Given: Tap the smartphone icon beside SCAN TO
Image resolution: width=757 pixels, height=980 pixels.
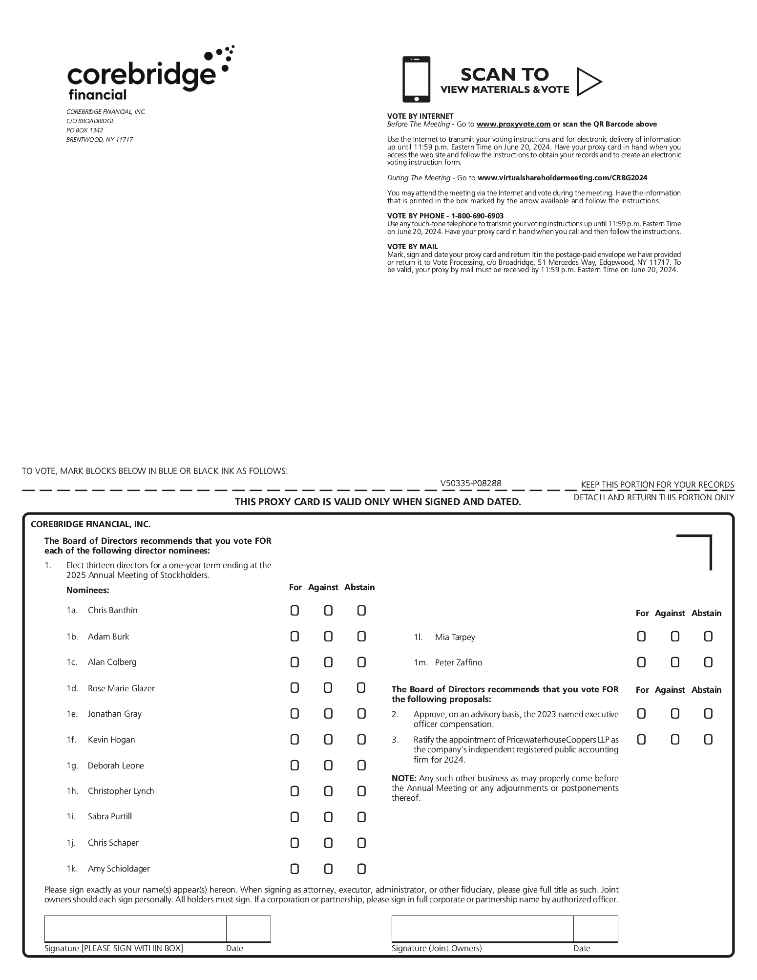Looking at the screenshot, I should pyautogui.click(x=416, y=79).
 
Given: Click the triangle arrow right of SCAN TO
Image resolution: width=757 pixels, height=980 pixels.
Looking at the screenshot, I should pyautogui.click(x=588, y=82).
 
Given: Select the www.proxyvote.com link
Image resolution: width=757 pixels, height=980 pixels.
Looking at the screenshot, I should pyautogui.click(x=513, y=124).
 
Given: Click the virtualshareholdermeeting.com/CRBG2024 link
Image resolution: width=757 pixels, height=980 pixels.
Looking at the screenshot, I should pyautogui.click(x=562, y=178).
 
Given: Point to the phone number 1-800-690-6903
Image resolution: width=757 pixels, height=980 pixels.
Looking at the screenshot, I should pyautogui.click(x=477, y=216).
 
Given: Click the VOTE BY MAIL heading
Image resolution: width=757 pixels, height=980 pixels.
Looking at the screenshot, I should pyautogui.click(x=412, y=247).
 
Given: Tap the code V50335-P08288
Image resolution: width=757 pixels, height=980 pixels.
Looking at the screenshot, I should pyautogui.click(x=470, y=483).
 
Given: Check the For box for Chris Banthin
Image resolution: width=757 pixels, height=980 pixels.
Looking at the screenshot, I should pyautogui.click(x=294, y=611).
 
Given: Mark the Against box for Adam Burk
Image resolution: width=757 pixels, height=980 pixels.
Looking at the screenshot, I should pyautogui.click(x=328, y=637).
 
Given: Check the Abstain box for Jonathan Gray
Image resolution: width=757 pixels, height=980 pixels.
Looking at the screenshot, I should pyautogui.click(x=361, y=714).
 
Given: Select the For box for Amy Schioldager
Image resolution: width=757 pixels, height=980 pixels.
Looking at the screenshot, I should pyautogui.click(x=294, y=869).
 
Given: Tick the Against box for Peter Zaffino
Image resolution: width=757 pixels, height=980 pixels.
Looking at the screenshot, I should pyautogui.click(x=675, y=662).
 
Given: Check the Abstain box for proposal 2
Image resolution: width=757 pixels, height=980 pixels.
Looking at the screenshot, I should pyautogui.click(x=708, y=714).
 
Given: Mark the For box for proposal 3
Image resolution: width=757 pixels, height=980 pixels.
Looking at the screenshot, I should pyautogui.click(x=641, y=740).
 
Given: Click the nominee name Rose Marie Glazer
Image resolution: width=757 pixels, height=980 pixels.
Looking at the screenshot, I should pyautogui.click(x=121, y=688).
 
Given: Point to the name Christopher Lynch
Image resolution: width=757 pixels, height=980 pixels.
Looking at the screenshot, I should pyautogui.click(x=121, y=791).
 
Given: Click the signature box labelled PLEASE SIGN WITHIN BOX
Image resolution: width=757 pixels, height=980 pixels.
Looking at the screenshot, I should pyautogui.click(x=135, y=929).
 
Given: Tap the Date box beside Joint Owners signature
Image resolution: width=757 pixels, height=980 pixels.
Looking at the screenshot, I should pyautogui.click(x=595, y=929).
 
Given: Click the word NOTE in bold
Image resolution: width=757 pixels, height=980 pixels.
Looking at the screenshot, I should pyautogui.click(x=404, y=778).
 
